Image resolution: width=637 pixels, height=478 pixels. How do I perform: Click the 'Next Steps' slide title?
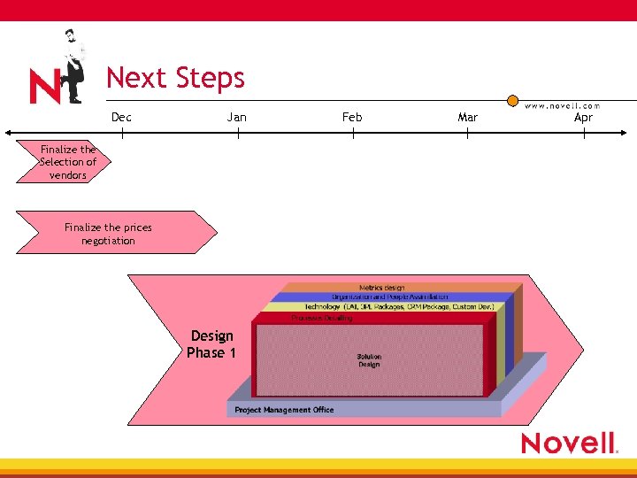tap(175, 78)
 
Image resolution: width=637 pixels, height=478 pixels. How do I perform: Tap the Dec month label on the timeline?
tap(121, 117)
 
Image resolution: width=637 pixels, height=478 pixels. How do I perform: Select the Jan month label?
tap(237, 117)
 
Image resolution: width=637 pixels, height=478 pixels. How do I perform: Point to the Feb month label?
tap(352, 117)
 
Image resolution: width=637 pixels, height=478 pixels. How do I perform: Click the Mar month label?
tap(467, 117)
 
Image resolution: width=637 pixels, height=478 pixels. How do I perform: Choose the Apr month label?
tap(583, 117)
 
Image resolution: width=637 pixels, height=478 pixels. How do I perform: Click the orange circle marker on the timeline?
tap(512, 102)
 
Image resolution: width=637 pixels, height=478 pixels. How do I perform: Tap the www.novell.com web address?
tap(563, 105)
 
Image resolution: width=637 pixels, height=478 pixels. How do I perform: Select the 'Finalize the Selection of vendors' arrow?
tap(65, 162)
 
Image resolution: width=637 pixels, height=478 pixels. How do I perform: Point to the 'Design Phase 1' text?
tap(211, 344)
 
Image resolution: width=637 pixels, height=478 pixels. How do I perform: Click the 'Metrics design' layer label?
tap(381, 288)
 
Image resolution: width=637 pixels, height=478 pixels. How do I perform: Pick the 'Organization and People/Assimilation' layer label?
tap(389, 297)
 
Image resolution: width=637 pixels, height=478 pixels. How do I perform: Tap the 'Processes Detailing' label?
tap(321, 317)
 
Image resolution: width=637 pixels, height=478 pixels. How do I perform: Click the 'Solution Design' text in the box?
tap(369, 360)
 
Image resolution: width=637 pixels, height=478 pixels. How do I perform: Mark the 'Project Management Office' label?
tap(284, 410)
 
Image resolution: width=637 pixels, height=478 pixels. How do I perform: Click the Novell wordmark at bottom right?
tap(568, 443)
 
